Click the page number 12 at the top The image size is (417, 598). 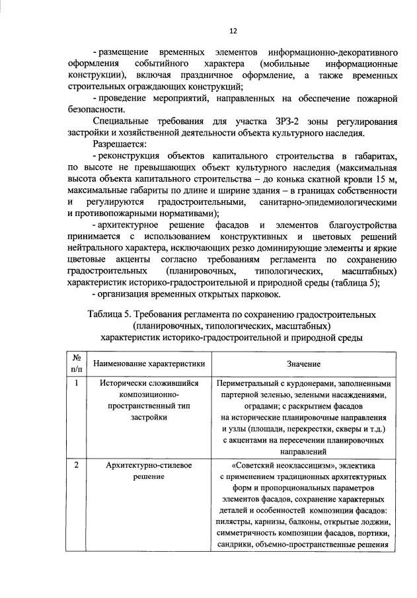coord(233,30)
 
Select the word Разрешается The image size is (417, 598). coord(121,143)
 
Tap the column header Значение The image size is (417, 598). coord(304,363)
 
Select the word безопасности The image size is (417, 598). coord(96,110)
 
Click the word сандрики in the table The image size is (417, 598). coord(235,545)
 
